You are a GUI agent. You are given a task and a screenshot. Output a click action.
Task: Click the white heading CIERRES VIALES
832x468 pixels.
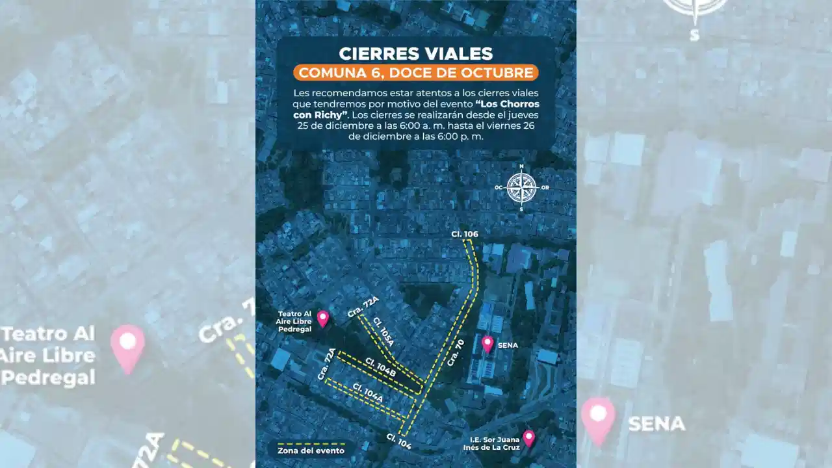[416, 53]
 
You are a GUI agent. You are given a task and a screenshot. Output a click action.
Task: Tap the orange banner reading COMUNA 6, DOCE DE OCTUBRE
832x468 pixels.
[416, 72]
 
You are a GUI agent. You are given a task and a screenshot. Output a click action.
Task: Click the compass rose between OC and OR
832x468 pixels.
[521, 188]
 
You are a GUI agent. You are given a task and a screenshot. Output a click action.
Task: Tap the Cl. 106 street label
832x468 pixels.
[464, 234]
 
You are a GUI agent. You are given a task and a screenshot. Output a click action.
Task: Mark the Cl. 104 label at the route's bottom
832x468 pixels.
[398, 441]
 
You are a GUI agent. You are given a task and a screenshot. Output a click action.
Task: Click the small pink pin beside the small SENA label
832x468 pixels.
[487, 344]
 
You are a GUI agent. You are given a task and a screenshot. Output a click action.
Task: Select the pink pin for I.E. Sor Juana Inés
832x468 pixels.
[528, 438]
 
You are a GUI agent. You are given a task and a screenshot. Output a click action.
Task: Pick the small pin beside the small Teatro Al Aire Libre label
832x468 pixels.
[323, 318]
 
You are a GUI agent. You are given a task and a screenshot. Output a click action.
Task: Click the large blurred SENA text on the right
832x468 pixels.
[656, 424]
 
